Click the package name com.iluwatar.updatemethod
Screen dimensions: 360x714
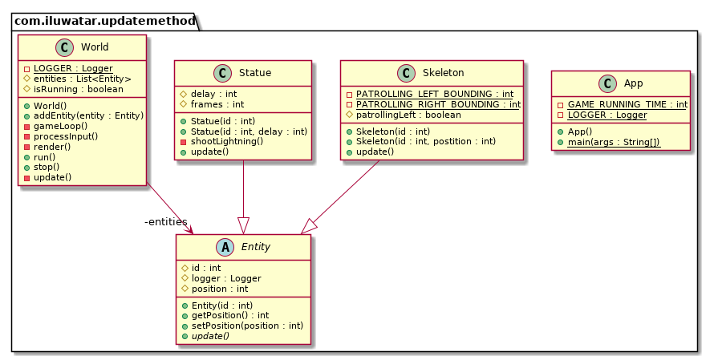(x=104, y=21)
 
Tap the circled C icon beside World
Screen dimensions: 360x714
(x=67, y=47)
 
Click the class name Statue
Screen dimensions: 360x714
(x=255, y=73)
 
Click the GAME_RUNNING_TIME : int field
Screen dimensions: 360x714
(x=627, y=104)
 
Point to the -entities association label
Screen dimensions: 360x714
(x=165, y=221)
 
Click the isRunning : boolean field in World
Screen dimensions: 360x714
(x=79, y=89)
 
